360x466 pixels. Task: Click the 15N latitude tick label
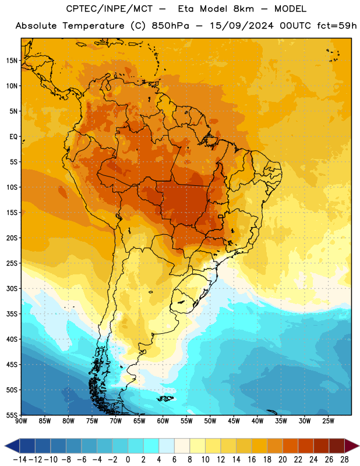[x=12, y=61]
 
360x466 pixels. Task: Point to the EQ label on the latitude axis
[x=13, y=137]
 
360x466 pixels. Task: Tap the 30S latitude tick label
[x=12, y=288]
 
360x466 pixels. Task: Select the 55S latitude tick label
[x=12, y=415]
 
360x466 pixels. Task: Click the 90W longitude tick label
[x=21, y=421]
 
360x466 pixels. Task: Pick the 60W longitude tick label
[x=163, y=421]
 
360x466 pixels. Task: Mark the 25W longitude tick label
[x=328, y=421]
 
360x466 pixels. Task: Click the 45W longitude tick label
[x=234, y=421]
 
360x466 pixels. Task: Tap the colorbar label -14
[x=20, y=460]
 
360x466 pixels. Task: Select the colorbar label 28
[x=344, y=460]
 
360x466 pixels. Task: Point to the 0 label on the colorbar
[x=128, y=460]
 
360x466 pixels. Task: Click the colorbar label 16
[x=252, y=460]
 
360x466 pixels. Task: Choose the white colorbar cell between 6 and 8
[x=182, y=446]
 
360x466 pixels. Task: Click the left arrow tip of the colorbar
[x=5, y=446]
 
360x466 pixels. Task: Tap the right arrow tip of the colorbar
[x=358, y=446]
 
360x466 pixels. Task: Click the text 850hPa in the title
[x=170, y=26]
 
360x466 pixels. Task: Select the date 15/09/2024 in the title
[x=241, y=26]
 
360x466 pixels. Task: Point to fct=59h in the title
[x=337, y=26]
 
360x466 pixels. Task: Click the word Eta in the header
[x=186, y=9]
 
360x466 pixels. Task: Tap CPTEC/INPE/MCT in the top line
[x=110, y=9]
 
